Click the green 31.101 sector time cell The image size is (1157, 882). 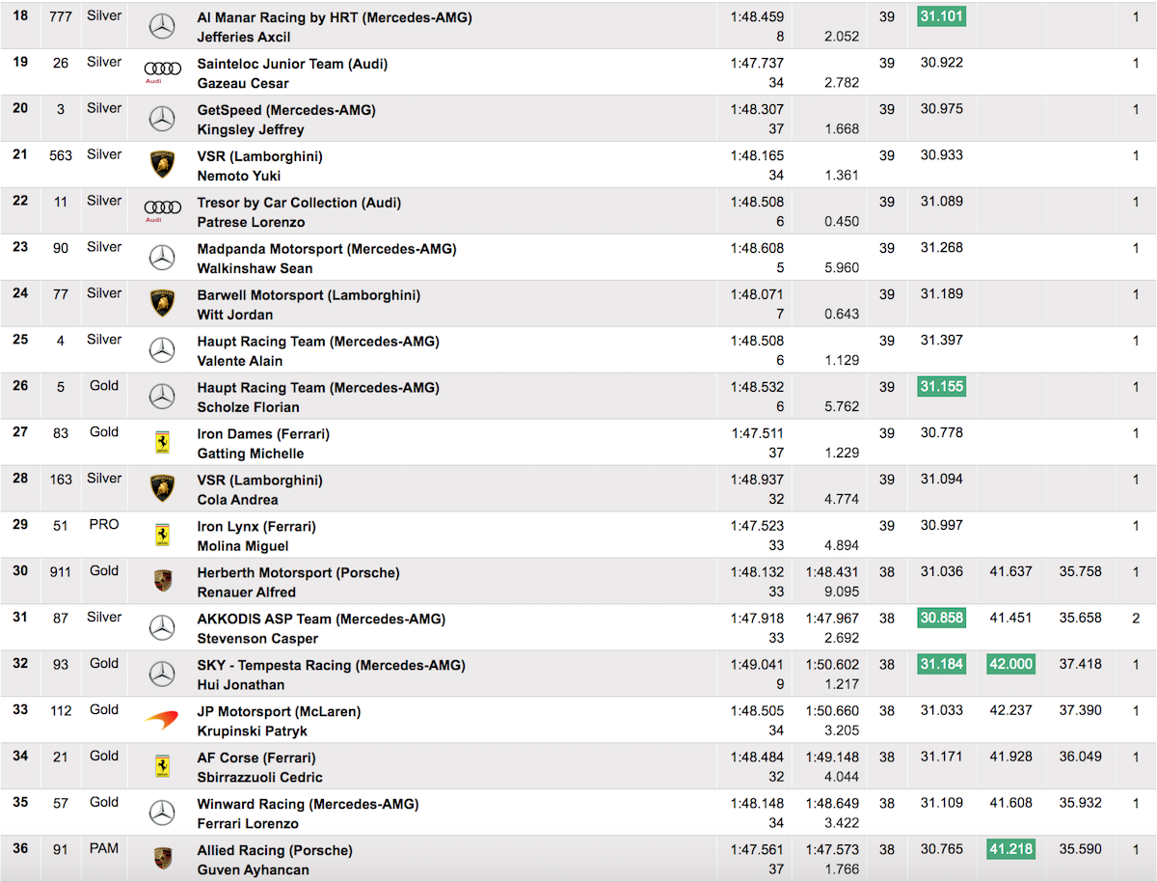(941, 16)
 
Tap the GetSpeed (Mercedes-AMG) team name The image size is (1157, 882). (286, 110)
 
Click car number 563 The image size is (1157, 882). (61, 155)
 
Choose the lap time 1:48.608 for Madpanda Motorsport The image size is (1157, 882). (757, 248)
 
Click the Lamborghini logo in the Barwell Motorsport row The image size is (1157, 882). (162, 303)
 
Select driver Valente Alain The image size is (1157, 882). (240, 361)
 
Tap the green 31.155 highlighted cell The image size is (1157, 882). (941, 387)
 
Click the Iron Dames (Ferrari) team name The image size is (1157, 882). (263, 434)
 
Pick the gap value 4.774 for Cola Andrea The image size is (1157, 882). (842, 500)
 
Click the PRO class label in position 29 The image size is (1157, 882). (104, 525)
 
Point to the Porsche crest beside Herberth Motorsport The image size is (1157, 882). (162, 581)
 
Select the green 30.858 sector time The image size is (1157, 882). (941, 619)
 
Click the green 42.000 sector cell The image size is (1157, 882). (1009, 665)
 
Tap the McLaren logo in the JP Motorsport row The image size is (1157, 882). (162, 719)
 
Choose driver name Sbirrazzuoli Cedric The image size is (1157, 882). (260, 778)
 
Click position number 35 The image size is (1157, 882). (20, 803)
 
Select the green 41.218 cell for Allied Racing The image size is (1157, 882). (1009, 850)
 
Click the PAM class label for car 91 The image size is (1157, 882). (104, 849)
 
